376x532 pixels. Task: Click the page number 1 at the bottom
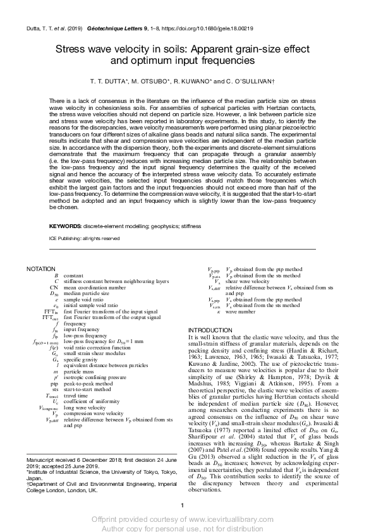(x=182, y=504)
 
